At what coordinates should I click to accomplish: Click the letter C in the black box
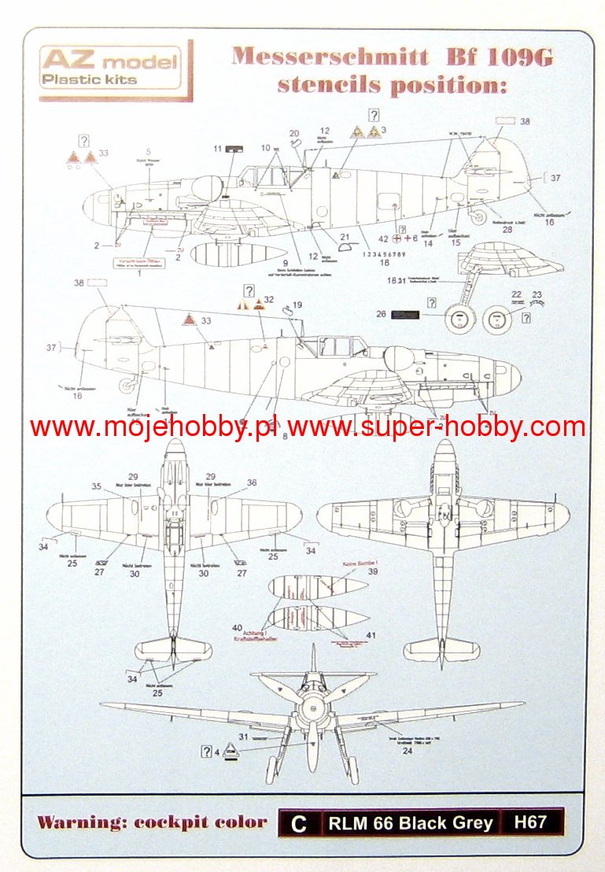tap(298, 823)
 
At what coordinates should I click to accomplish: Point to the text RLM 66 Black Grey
tap(411, 823)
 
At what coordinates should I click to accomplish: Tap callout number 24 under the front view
tap(407, 750)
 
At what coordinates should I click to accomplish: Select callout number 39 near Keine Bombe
tap(373, 572)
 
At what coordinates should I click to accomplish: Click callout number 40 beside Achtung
tap(236, 627)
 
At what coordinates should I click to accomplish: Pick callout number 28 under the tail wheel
tap(507, 230)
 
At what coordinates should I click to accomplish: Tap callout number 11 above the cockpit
tap(217, 148)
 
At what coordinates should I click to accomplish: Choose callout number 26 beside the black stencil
tap(381, 315)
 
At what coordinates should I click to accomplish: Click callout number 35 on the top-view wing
tap(96, 486)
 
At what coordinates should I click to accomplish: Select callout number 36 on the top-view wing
tap(252, 483)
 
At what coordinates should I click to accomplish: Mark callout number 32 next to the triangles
tap(269, 300)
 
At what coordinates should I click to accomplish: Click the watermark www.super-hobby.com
tap(437, 427)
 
